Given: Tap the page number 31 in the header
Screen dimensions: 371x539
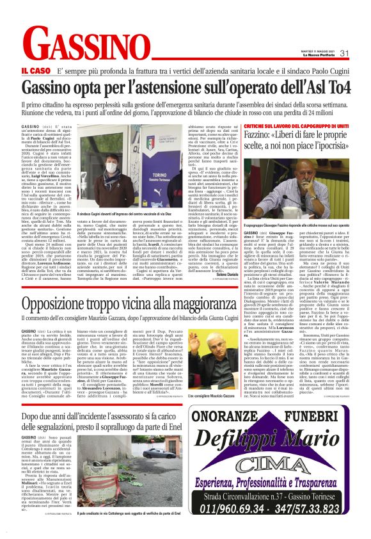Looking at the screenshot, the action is tap(343, 52).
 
